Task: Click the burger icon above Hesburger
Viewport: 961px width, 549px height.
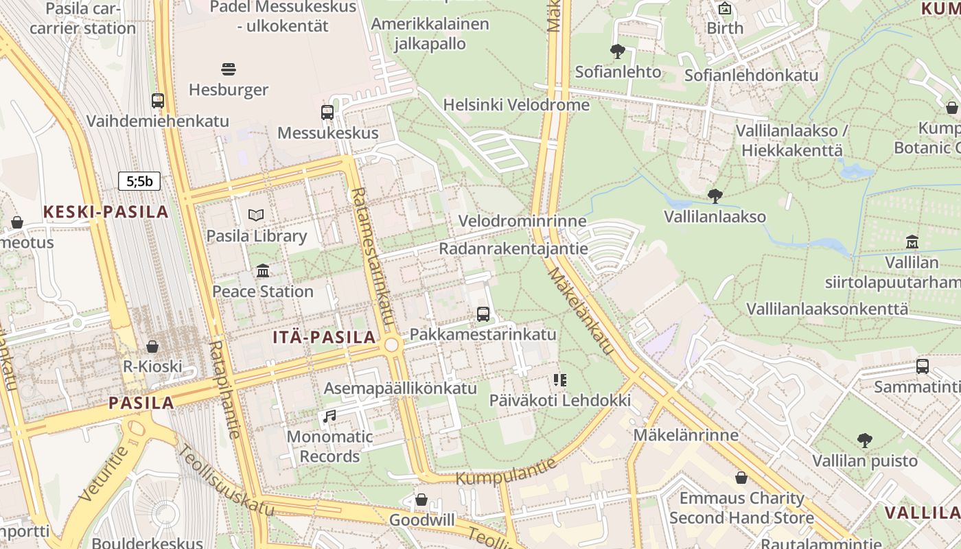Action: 229,69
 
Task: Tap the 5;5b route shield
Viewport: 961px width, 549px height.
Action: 139,181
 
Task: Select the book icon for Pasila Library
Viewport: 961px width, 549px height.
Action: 256,215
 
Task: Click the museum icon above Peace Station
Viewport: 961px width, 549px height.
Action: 263,271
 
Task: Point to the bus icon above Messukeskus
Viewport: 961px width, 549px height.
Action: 327,113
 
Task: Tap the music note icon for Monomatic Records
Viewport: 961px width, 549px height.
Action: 329,416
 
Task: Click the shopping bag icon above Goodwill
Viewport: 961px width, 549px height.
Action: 421,500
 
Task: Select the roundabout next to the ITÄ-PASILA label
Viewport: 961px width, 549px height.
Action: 393,345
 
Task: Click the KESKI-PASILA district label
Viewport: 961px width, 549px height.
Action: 106,212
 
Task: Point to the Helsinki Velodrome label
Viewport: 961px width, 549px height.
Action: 516,105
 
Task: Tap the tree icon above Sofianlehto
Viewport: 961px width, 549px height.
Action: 618,51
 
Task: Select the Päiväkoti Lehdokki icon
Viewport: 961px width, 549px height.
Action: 560,379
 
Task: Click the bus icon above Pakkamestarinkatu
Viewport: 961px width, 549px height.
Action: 483,314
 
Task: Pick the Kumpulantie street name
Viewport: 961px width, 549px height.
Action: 506,470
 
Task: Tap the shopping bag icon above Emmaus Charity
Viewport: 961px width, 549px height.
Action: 741,478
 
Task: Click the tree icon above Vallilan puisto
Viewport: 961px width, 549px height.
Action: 865,440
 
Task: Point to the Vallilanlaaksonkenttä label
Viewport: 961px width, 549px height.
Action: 827,309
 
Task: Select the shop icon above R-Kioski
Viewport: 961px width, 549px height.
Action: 152,346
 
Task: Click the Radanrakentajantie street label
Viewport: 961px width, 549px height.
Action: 513,248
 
